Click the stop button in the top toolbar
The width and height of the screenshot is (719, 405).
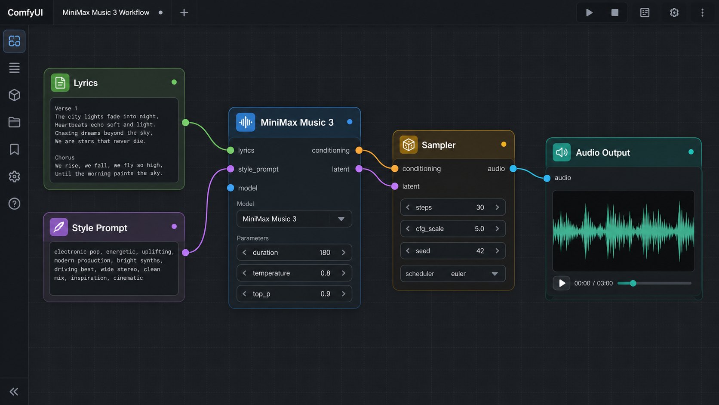(x=615, y=12)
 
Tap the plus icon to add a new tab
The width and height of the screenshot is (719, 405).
(x=184, y=12)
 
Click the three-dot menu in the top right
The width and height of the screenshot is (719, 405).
(x=702, y=12)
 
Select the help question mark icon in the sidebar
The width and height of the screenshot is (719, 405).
(x=14, y=204)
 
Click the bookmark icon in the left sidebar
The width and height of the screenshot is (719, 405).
(x=14, y=149)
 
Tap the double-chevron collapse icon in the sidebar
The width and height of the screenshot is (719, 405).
(x=14, y=392)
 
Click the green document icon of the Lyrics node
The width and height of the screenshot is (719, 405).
(x=60, y=83)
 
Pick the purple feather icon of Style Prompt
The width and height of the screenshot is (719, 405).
(x=59, y=227)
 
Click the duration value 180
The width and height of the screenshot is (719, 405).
(x=325, y=253)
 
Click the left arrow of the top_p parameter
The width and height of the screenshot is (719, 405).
(x=245, y=294)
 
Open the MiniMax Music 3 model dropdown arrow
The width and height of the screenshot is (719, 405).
(x=341, y=219)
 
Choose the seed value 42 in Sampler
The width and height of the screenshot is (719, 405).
(x=480, y=251)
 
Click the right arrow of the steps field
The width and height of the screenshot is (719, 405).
(x=497, y=207)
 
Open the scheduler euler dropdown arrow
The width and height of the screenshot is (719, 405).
(x=495, y=274)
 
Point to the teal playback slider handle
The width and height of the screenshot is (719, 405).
(x=633, y=283)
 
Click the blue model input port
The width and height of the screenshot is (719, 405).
(x=230, y=188)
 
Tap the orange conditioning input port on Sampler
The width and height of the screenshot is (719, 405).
(x=395, y=169)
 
